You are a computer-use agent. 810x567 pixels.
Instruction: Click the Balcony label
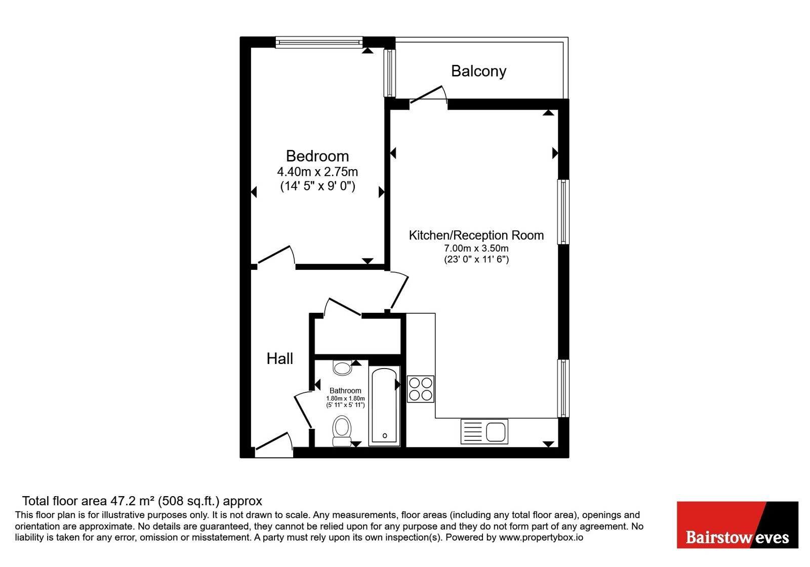tap(478, 71)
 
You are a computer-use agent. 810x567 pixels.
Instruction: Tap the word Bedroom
tap(317, 156)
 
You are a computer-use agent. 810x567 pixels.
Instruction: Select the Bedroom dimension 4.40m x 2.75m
tap(317, 172)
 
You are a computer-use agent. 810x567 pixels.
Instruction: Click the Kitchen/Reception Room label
tap(476, 235)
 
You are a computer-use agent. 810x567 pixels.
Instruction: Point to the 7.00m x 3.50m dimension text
tap(476, 249)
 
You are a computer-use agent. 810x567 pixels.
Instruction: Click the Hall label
tap(279, 359)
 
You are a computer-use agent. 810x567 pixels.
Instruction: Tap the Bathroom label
tap(345, 390)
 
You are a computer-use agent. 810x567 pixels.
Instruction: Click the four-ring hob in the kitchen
tap(421, 389)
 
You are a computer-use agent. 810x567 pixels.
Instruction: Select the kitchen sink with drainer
tap(484, 431)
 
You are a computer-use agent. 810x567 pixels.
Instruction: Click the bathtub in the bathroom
tap(384, 406)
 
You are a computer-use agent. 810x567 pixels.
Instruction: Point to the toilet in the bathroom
tap(342, 431)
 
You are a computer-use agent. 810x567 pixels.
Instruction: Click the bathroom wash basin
tap(342, 368)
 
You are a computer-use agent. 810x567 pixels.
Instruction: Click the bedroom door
tap(276, 255)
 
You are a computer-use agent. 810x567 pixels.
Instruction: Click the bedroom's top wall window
tap(319, 43)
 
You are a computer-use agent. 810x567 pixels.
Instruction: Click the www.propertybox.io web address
tap(541, 537)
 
